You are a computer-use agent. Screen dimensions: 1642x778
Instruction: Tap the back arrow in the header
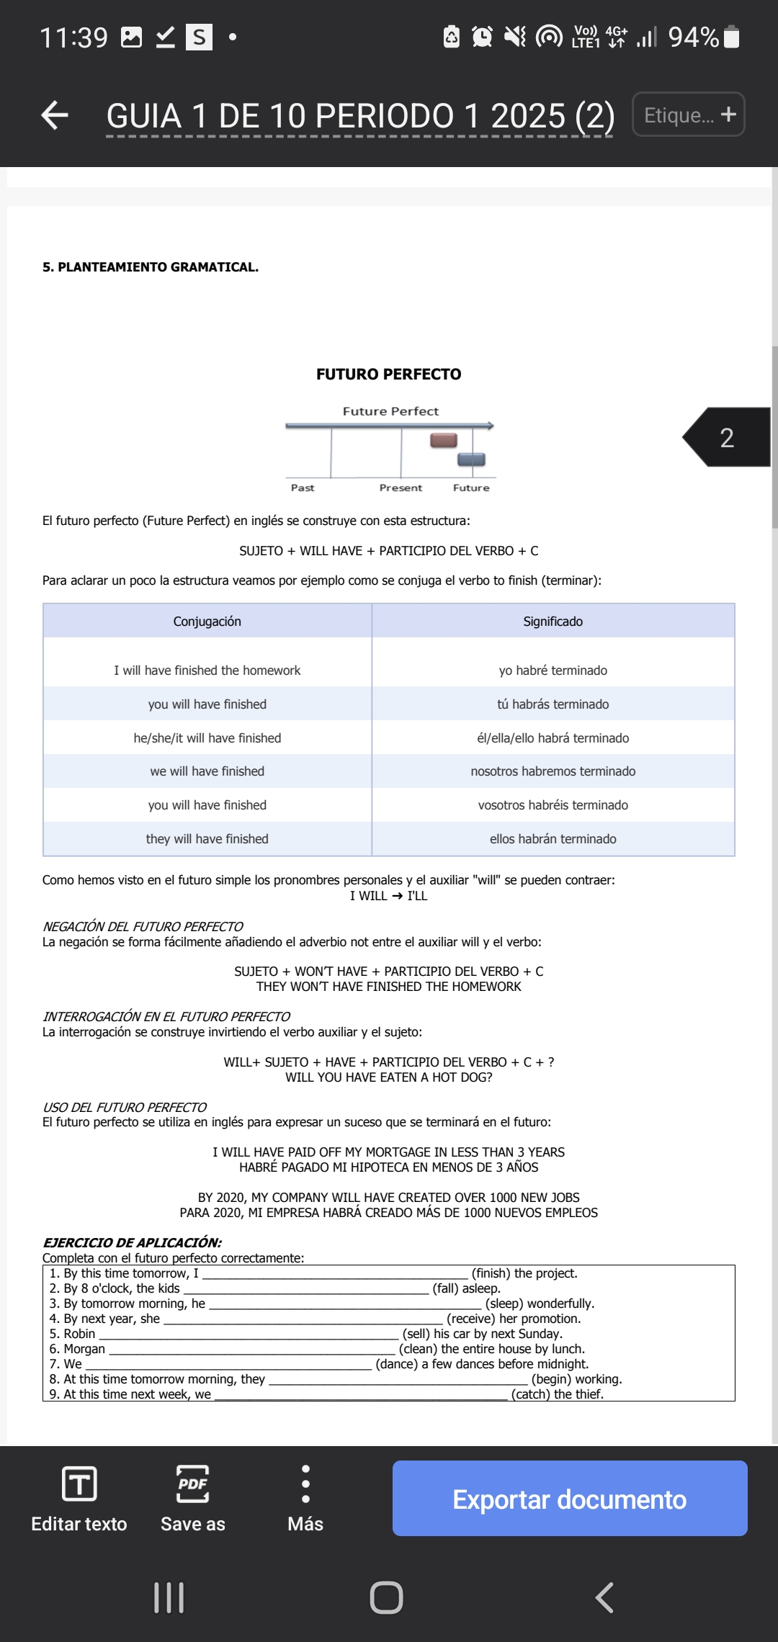55,115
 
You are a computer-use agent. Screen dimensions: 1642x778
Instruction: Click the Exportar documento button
569,1499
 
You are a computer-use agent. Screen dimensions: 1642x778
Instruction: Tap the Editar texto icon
79,1484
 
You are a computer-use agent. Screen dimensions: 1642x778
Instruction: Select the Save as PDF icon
192,1484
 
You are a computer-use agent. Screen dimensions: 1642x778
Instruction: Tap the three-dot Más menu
305,1484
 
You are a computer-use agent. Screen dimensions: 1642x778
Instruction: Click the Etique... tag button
688,115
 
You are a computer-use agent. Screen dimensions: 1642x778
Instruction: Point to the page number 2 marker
727,437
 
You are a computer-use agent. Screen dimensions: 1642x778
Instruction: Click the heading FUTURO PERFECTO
388,374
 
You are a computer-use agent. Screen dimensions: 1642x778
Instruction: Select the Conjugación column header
207,621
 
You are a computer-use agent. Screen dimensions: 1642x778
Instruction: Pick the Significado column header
553,621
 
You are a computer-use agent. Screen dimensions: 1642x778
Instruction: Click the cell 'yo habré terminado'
553,670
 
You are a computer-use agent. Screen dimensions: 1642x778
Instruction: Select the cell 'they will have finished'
207,839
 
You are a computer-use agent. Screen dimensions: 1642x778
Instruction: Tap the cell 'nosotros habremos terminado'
553,771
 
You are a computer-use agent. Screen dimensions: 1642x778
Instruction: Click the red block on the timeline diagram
444,440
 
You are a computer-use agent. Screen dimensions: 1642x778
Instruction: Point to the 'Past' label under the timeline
303,488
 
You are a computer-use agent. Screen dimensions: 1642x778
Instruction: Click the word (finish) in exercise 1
491,1273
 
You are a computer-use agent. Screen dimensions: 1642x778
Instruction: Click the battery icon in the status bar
731,37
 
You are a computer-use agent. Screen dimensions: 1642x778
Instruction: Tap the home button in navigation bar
386,1597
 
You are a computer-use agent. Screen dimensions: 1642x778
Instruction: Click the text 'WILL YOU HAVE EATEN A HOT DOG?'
388,1077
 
